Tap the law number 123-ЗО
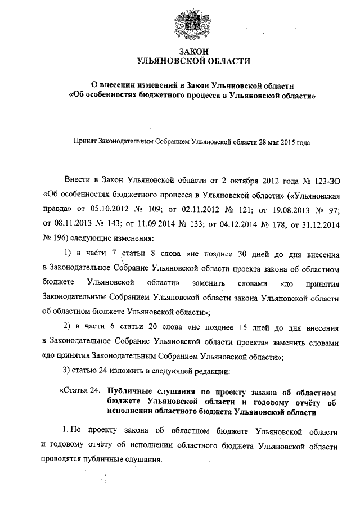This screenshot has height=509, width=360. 323,180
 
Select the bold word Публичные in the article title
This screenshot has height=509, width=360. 130,391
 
